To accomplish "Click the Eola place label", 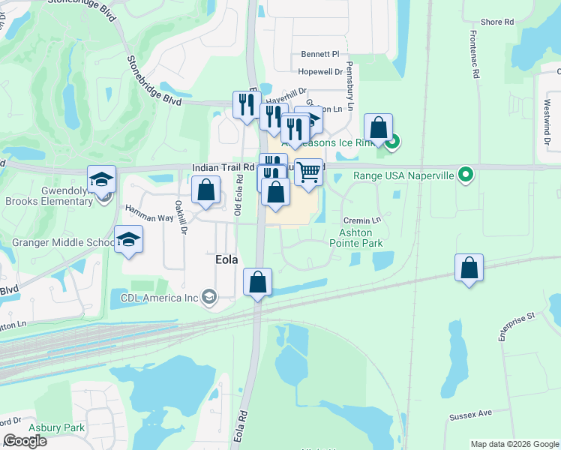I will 224,259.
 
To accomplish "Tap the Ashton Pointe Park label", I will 356,238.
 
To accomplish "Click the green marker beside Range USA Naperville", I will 466,175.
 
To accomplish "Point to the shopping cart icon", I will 308,172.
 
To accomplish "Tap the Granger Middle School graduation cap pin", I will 129,239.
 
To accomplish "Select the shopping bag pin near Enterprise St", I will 469,268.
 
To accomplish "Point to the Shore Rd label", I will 496,22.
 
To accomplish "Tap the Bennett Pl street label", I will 320,54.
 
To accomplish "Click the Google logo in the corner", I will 25,441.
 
